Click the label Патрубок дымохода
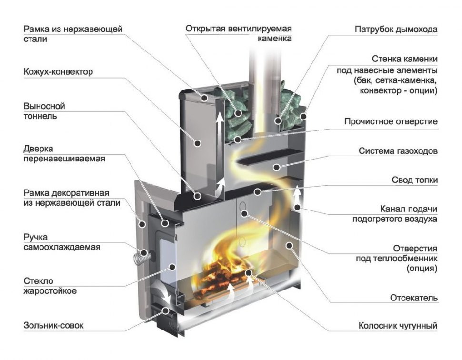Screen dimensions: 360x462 (x=395, y=30)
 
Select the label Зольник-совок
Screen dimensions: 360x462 (x=53, y=326)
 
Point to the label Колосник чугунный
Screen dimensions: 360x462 (x=398, y=326)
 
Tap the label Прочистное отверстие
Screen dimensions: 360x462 (x=391, y=121)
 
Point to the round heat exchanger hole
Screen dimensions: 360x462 (x=242, y=207)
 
